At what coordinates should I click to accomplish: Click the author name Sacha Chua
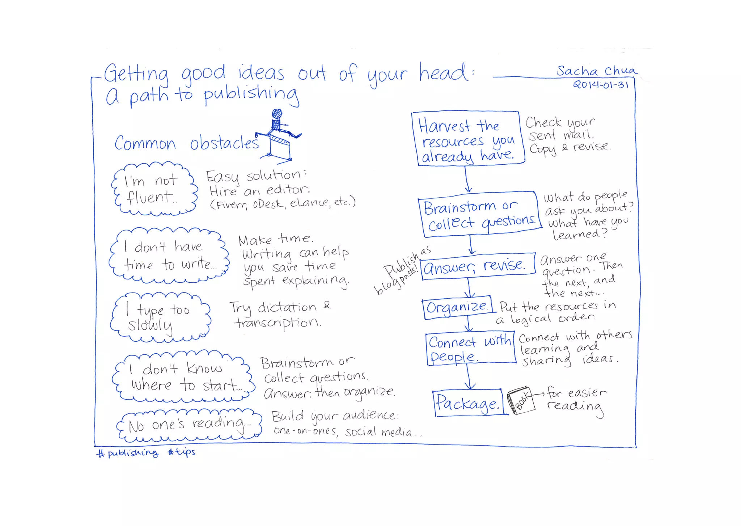596,71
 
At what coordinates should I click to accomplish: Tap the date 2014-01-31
601,85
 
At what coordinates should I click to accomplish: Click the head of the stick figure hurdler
277,114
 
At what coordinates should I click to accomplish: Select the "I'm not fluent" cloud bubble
154,189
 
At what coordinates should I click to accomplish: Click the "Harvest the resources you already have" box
467,139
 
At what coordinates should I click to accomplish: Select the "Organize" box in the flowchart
457,308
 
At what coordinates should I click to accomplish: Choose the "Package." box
468,403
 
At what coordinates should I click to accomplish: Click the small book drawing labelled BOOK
521,400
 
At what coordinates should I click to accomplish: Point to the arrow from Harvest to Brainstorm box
467,179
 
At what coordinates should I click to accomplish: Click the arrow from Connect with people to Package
469,376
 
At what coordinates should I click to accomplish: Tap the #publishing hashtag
128,453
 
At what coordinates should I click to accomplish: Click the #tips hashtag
182,452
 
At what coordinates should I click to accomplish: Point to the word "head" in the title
443,72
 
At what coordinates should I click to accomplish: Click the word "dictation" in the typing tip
287,308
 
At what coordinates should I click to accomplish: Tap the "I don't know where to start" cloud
183,376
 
